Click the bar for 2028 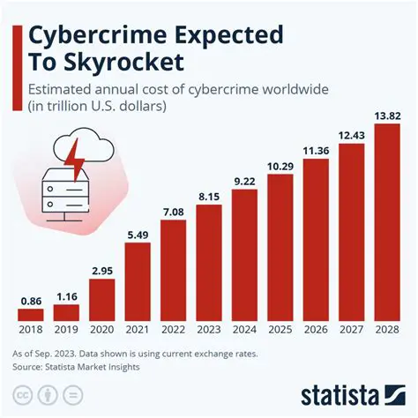(x=387, y=222)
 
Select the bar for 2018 (x=31, y=315)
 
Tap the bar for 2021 (x=138, y=281)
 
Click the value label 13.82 (x=387, y=116)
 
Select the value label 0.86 (x=31, y=300)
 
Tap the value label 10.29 (x=280, y=166)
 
